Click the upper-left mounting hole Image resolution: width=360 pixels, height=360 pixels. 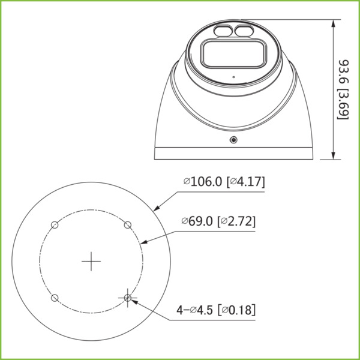pyautogui.click(x=54, y=224)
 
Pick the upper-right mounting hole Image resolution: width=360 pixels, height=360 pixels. pyautogui.click(x=127, y=224)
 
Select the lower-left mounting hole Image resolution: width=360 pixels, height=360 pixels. pyautogui.click(x=54, y=298)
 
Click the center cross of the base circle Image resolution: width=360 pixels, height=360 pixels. pyautogui.click(x=91, y=261)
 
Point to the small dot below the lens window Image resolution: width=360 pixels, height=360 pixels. pyautogui.click(x=232, y=78)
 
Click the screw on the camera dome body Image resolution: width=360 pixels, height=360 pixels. pyautogui.click(x=233, y=139)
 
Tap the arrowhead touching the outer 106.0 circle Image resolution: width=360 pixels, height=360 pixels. pyautogui.click(x=155, y=209)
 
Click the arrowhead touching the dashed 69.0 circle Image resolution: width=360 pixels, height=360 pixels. pyautogui.click(x=143, y=243)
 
